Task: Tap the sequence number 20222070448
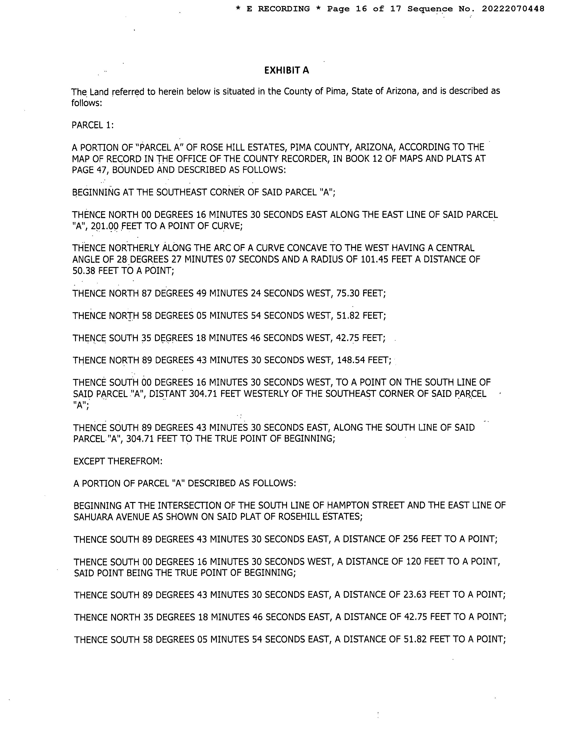pos(513,9)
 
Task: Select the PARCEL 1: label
pos(93,125)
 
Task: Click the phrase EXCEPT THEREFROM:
pos(118,461)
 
